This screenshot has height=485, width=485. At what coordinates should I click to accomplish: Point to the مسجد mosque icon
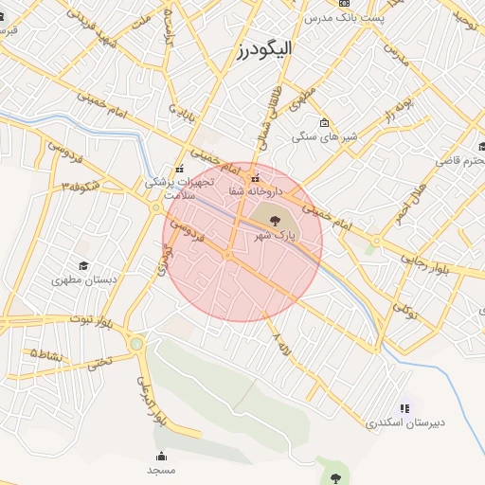tap(161, 456)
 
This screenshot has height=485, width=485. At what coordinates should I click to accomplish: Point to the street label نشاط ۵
tap(45, 353)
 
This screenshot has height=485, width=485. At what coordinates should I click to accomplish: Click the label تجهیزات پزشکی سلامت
tap(181, 187)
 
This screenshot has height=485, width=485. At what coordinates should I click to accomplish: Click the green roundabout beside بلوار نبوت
tap(136, 344)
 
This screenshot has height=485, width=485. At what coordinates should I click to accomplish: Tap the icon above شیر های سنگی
tap(324, 122)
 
